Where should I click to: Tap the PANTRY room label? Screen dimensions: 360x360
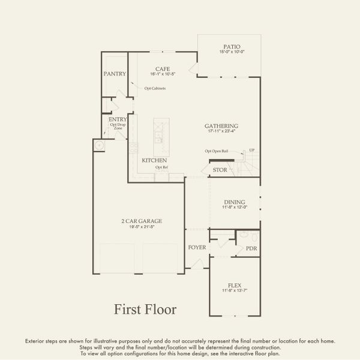click(115, 74)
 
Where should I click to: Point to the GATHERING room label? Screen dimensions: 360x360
click(221, 126)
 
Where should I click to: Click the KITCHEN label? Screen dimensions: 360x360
click(154, 161)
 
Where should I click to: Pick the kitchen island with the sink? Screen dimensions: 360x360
click(161, 134)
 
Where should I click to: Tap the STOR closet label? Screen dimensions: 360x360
click(220, 170)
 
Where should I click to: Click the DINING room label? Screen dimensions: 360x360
click(235, 202)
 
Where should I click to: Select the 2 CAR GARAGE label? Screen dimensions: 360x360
click(142, 221)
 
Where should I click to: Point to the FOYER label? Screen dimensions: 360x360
click(197, 246)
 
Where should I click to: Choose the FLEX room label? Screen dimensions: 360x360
click(235, 286)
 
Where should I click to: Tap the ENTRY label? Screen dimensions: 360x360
click(118, 120)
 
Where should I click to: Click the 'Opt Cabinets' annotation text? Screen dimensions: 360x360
click(155, 89)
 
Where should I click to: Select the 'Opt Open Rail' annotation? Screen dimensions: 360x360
click(217, 151)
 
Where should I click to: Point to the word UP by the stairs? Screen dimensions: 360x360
click(251, 150)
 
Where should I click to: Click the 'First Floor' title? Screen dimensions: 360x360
click(145, 310)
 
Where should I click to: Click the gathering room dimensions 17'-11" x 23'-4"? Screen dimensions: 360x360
click(221, 132)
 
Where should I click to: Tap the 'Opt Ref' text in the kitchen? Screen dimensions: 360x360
click(161, 167)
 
